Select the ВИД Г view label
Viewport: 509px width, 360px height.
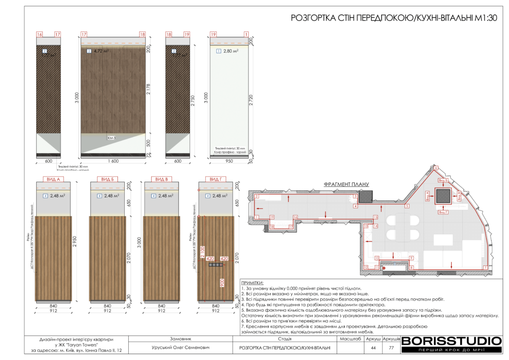[x=215, y=179]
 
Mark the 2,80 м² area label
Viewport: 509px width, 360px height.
[x=231, y=51]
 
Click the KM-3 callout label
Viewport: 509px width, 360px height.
[x=111, y=138]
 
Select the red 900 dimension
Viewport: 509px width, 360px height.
[x=222, y=283]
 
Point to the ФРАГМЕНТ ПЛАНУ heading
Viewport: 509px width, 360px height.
[x=346, y=184]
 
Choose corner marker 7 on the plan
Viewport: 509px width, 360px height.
[x=485, y=268]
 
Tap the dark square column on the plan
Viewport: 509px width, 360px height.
[x=443, y=196]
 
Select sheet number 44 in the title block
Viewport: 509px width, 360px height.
[x=373, y=348]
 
